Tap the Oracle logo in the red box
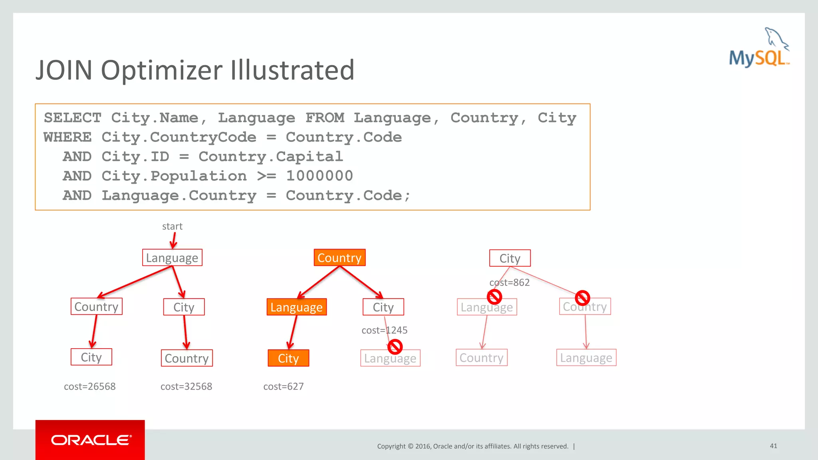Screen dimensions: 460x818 [90, 440]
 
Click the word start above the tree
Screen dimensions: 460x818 [172, 226]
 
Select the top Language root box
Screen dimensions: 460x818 [172, 258]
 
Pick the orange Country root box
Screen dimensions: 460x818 [340, 258]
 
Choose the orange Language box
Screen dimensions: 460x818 [296, 307]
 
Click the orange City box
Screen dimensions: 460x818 [288, 358]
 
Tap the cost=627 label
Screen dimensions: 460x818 [284, 387]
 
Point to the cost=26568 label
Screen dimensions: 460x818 [90, 387]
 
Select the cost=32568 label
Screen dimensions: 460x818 [186, 387]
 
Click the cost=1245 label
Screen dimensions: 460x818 [384, 330]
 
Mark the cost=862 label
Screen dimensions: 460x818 [509, 283]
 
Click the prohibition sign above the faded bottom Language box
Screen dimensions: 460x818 [395, 347]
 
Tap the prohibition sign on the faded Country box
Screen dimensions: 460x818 [582, 297]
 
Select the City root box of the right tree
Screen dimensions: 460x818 [510, 258]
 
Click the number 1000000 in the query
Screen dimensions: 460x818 [320, 176]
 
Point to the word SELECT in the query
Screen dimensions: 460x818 [72, 118]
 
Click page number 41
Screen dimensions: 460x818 [773, 446]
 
